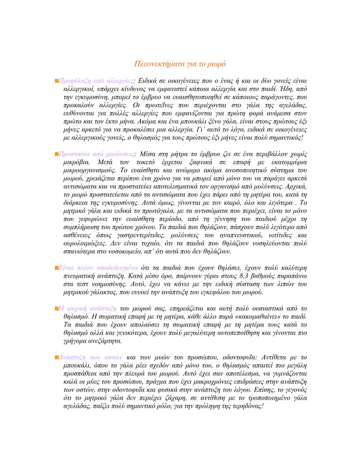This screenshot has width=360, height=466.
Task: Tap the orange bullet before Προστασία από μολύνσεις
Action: (x=58, y=153)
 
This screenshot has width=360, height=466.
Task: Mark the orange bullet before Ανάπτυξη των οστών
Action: (x=58, y=358)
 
